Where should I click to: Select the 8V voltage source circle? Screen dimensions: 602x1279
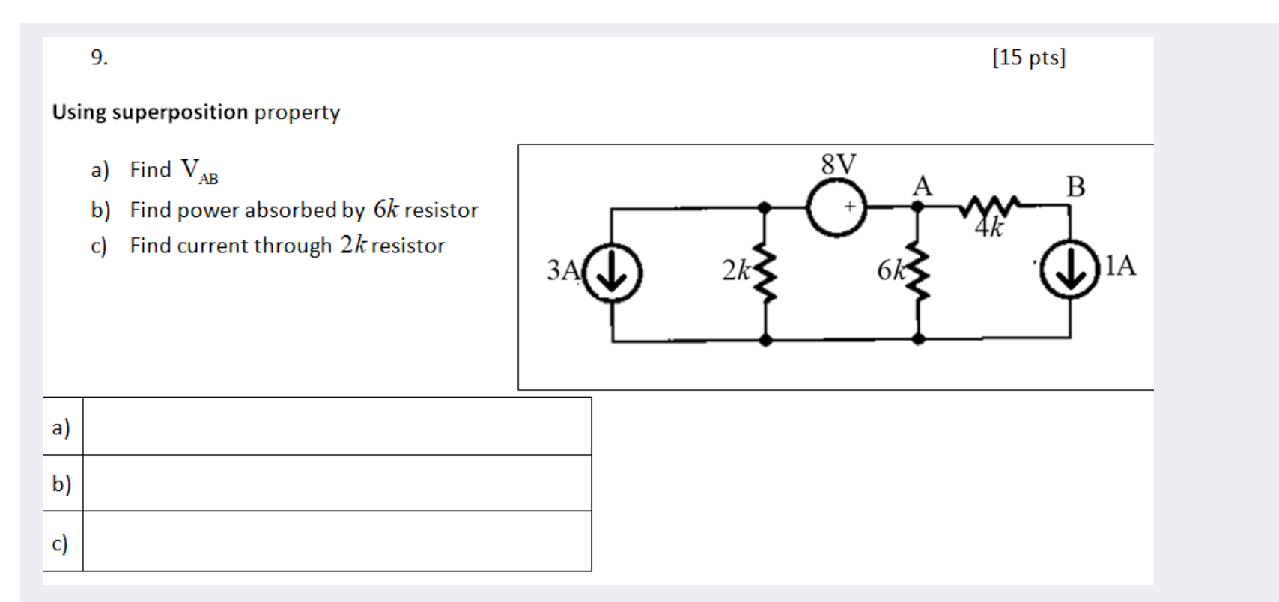coord(836,207)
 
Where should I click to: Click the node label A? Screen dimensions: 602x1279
coord(923,186)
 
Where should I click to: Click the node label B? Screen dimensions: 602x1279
coord(1075,186)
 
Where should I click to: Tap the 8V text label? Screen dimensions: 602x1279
coord(839,164)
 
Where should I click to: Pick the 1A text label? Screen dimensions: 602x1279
coord(1119,265)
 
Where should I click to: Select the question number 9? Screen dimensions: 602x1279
coord(99,58)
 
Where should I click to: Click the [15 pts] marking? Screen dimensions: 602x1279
coord(1029,58)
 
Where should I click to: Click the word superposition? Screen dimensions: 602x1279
coord(180,112)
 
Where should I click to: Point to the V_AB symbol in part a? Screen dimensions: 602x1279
coord(198,171)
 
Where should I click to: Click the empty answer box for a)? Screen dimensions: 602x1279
coord(337,426)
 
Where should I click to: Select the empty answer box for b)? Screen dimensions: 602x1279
coord(337,484)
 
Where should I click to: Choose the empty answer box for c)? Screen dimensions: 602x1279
coord(337,541)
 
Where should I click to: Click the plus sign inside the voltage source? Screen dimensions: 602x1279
coord(851,206)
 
